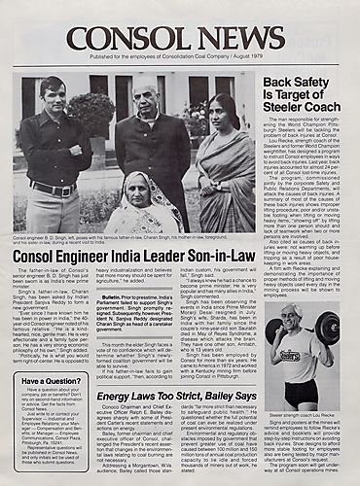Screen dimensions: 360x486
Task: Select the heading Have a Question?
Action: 50,381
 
